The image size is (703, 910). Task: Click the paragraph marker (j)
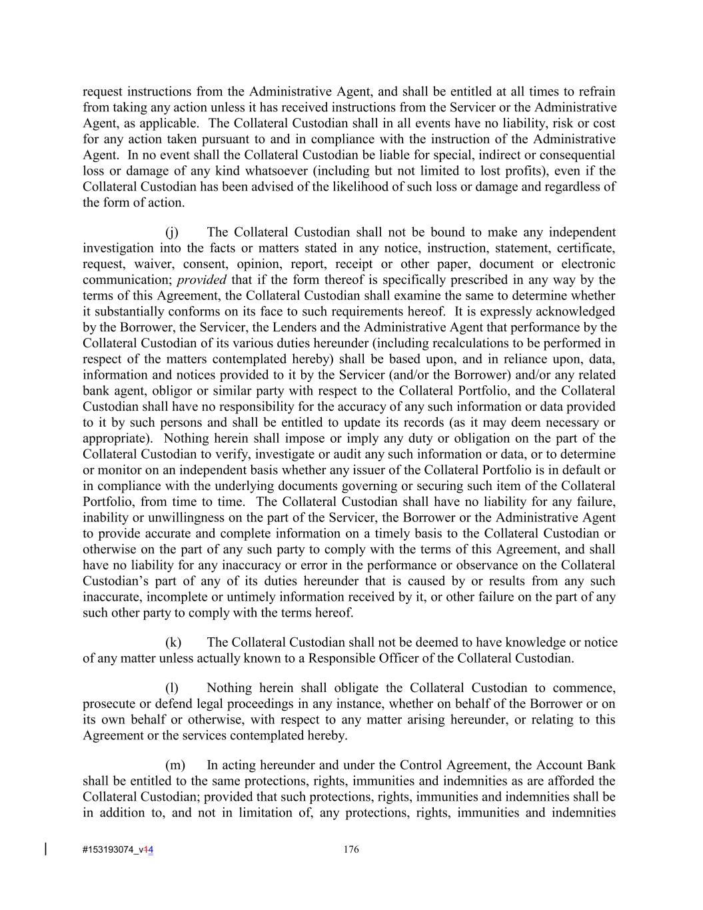172,233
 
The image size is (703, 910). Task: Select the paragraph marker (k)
173,643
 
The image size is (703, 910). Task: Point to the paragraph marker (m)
175,765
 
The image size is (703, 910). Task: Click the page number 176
351,849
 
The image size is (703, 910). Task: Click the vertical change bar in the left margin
45,849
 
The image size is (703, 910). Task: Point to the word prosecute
109,704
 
